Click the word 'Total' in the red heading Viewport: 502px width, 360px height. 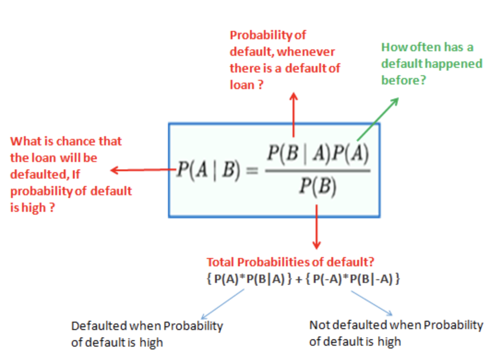[x=221, y=262]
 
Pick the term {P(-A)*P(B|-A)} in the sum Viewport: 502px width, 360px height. [x=353, y=279]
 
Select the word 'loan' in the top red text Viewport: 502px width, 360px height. [x=242, y=85]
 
